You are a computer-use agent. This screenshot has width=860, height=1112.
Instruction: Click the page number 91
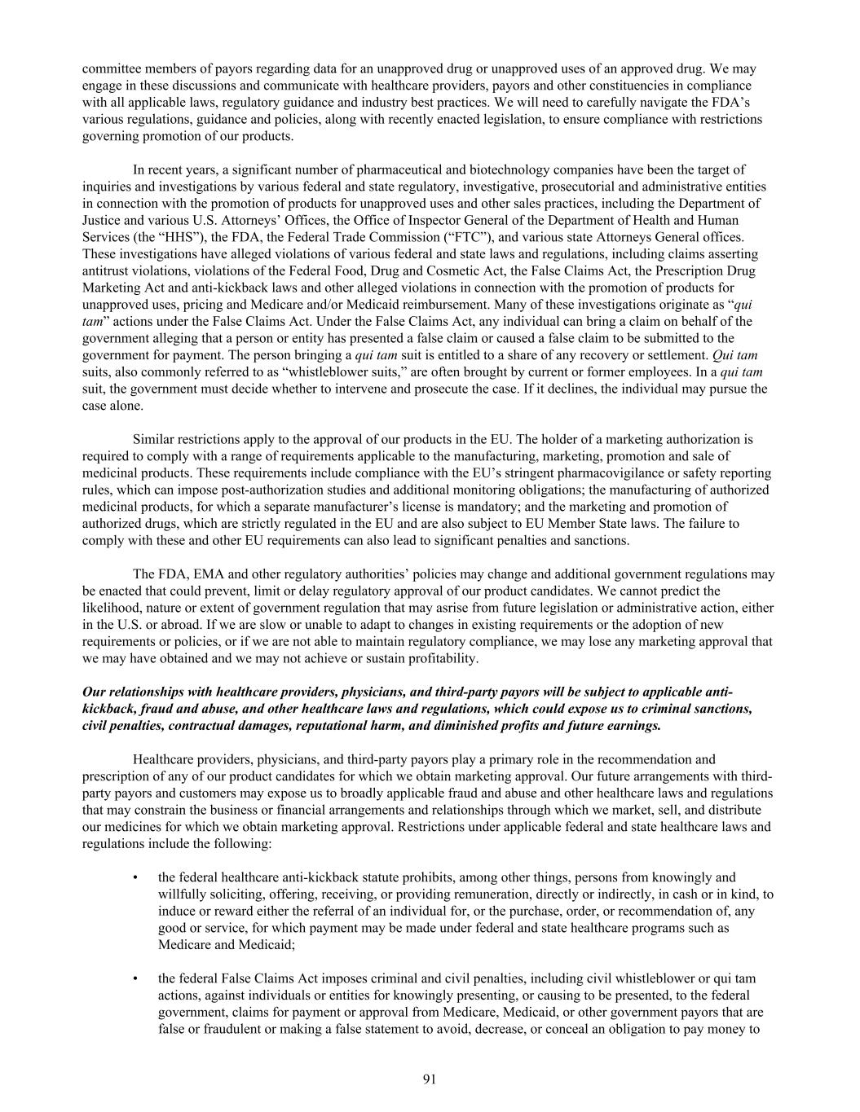point(430,1079)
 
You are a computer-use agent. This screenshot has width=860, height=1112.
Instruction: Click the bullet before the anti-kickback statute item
point(135,877)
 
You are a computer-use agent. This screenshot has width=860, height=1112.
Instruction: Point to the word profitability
point(440,658)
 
